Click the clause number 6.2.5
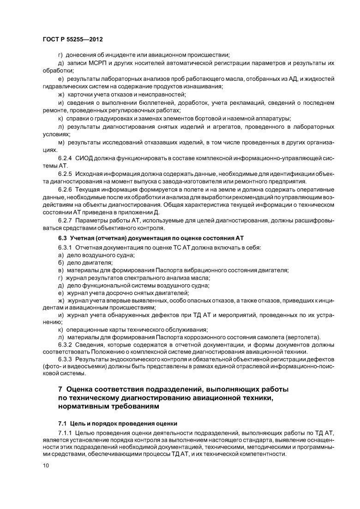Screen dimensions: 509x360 (x=66, y=174)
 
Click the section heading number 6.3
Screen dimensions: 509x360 (x=62, y=237)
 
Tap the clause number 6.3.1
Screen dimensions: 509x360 (x=66, y=248)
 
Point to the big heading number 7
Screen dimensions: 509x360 (x=60, y=390)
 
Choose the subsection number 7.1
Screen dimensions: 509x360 (x=62, y=423)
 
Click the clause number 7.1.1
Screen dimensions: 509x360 (x=66, y=434)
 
